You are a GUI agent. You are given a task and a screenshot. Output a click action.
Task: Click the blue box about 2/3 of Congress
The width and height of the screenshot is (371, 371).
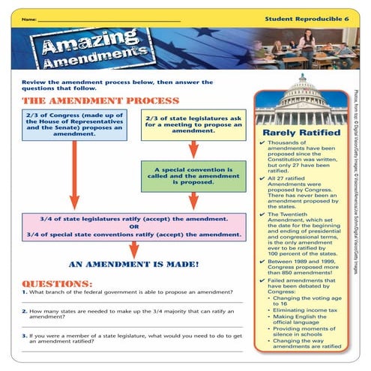tap(73, 122)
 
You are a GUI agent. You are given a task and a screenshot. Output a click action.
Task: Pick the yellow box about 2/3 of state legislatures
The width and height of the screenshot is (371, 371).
tap(193, 123)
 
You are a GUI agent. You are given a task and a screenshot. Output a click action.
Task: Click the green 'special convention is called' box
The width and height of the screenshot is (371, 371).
tap(193, 176)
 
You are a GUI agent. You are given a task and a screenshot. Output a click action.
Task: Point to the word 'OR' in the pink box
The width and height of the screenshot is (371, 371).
tap(134, 226)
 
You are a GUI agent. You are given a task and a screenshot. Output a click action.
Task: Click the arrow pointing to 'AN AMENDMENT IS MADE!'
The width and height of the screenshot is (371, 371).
tap(134, 250)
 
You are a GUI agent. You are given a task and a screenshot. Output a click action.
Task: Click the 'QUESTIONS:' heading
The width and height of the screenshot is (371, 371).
tap(57, 285)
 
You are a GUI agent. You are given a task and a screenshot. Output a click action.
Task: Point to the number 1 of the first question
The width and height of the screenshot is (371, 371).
tap(24, 295)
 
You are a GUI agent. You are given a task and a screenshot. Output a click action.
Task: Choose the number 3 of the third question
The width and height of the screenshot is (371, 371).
tap(24, 337)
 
